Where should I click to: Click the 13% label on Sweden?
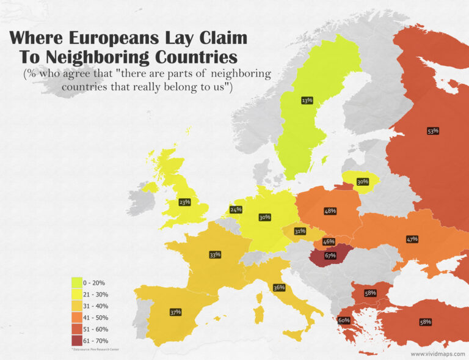click(x=307, y=100)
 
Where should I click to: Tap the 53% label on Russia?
click(x=433, y=131)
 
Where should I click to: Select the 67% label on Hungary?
click(x=330, y=255)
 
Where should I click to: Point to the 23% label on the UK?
click(x=184, y=202)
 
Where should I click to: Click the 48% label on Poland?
click(x=330, y=211)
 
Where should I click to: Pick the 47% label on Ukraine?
click(x=412, y=239)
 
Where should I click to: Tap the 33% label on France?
click(x=214, y=254)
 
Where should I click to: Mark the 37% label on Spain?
click(x=175, y=312)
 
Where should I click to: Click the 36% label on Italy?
click(x=279, y=287)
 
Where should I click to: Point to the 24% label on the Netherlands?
click(x=236, y=210)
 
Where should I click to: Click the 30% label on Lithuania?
click(x=363, y=182)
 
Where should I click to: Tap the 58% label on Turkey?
click(x=426, y=321)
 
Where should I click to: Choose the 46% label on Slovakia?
click(x=329, y=242)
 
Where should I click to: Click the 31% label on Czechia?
click(x=299, y=232)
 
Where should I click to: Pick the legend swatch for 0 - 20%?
click(x=78, y=282)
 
